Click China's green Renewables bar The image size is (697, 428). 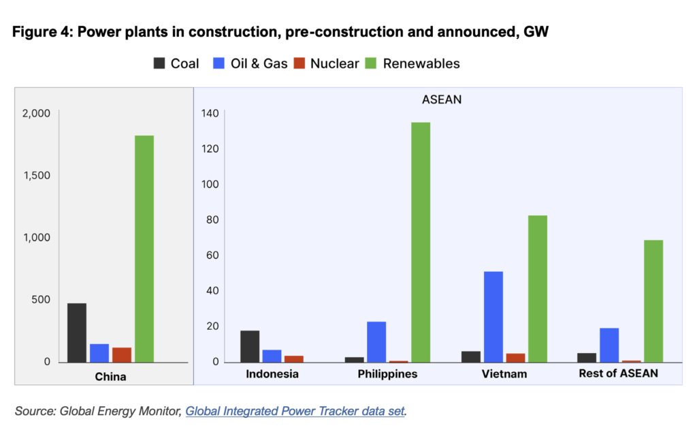[x=144, y=249]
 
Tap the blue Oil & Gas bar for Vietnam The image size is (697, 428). [x=493, y=316]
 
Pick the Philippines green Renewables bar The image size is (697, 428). [x=421, y=242]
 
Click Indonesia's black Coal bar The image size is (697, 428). [x=250, y=346]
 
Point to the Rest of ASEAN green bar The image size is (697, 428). [x=653, y=301]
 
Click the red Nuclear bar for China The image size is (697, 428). [x=122, y=354]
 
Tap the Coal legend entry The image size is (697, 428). [x=176, y=63]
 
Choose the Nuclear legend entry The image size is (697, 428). [x=327, y=63]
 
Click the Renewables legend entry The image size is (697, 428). [x=413, y=63]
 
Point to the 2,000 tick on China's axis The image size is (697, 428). [x=37, y=113]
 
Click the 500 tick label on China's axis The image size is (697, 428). [x=39, y=299]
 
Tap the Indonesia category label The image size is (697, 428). [x=272, y=374]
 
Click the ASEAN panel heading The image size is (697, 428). [x=442, y=100]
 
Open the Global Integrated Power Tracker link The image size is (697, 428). [x=295, y=411]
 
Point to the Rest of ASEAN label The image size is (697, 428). [x=618, y=374]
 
